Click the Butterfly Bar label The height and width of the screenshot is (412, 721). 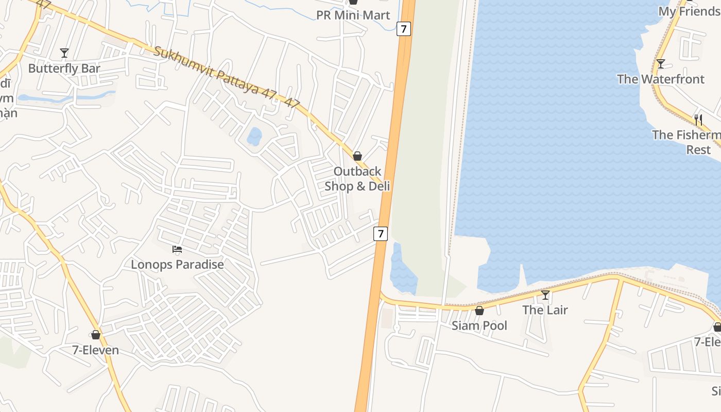coord(64,68)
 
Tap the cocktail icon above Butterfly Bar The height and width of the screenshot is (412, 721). coord(64,53)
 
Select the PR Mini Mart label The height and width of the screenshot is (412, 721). coord(353,15)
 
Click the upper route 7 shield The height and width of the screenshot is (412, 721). coord(404,29)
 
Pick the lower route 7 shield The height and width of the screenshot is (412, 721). coord(380,233)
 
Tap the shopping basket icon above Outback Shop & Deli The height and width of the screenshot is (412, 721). coord(357,156)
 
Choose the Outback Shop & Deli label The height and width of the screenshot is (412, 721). coord(357,179)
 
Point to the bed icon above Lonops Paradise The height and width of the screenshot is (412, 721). coord(177,249)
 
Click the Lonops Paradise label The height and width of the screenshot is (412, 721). coord(177,265)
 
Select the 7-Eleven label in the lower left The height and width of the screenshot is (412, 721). coord(95,350)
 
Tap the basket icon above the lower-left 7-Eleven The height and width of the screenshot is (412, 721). coord(95,335)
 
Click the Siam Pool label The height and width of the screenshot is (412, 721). coord(479,325)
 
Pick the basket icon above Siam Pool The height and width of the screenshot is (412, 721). coord(479,310)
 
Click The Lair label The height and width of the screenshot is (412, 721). coord(545,310)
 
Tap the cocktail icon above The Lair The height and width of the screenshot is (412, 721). coord(545,295)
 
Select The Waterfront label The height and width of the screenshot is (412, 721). coord(660,79)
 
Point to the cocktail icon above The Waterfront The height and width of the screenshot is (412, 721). coord(660,64)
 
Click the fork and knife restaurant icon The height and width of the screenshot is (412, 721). coord(698,119)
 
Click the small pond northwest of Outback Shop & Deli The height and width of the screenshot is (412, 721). coord(254,136)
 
